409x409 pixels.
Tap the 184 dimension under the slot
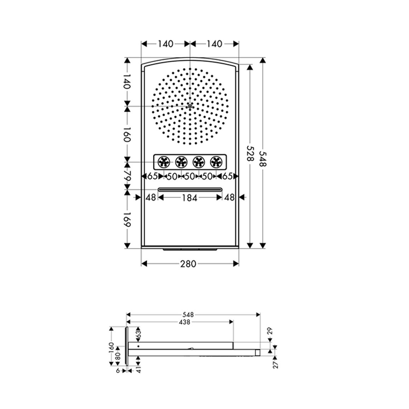(x=190, y=198)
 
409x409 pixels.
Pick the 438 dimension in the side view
(x=185, y=322)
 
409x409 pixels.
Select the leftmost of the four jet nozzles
(x=164, y=162)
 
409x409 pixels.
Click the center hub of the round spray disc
(x=190, y=106)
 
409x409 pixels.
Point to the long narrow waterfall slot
(x=190, y=189)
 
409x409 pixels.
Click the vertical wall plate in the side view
(x=126, y=347)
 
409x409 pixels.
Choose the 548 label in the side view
(x=189, y=315)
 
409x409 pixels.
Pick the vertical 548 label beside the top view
(x=263, y=156)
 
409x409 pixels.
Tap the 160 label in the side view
(x=111, y=347)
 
